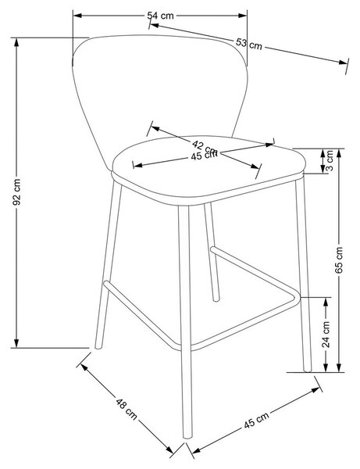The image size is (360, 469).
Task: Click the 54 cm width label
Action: pyautogui.click(x=160, y=16)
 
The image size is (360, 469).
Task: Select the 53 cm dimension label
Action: pyautogui.click(x=249, y=44)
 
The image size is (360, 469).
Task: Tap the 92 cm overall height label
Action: pyautogui.click(x=16, y=192)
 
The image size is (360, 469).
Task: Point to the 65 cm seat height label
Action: pyautogui.click(x=339, y=260)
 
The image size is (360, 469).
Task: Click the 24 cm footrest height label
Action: pyautogui.click(x=326, y=335)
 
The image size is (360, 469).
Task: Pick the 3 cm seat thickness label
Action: pyautogui.click(x=329, y=160)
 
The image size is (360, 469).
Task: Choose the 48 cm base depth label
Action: pyautogui.click(x=127, y=409)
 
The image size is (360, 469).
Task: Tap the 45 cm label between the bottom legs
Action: pyautogui.click(x=256, y=421)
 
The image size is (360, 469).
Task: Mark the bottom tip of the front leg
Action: pyautogui.click(x=187, y=437)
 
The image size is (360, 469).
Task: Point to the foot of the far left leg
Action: pyautogui.click(x=98, y=347)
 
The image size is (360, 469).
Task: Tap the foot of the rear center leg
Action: pyautogui.click(x=216, y=299)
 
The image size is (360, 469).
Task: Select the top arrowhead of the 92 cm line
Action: pyautogui.click(x=16, y=42)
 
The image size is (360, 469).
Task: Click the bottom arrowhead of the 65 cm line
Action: pyautogui.click(x=339, y=368)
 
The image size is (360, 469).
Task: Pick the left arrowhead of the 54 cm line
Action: pyautogui.click(x=77, y=16)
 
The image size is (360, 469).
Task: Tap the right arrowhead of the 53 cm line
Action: pyautogui.click(x=344, y=62)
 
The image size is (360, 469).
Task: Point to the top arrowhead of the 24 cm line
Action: pyautogui.click(x=326, y=302)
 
